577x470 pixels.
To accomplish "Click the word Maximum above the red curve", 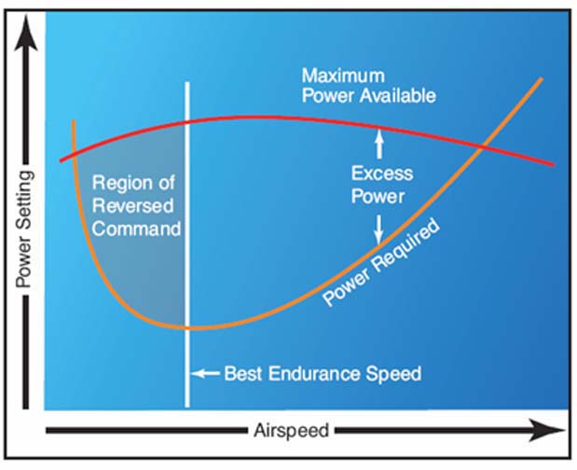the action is (343, 76).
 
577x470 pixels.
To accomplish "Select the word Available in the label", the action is (397, 96).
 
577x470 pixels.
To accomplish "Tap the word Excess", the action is (382, 173).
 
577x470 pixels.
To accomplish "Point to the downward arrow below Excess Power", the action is (378, 229).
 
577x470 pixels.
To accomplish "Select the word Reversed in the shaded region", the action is (133, 205).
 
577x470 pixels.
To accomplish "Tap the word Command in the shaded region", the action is (136, 228).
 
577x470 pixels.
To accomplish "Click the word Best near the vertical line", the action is (243, 374).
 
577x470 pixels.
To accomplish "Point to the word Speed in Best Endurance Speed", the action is (393, 374).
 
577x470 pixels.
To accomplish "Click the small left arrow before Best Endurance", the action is (206, 374).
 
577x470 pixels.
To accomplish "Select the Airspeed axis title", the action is (291, 430).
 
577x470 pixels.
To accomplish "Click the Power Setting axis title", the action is (24, 229).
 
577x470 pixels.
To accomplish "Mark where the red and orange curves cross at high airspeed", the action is (482, 147).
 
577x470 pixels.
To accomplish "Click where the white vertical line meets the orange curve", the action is (187, 327).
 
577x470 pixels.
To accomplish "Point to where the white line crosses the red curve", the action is (187, 121).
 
